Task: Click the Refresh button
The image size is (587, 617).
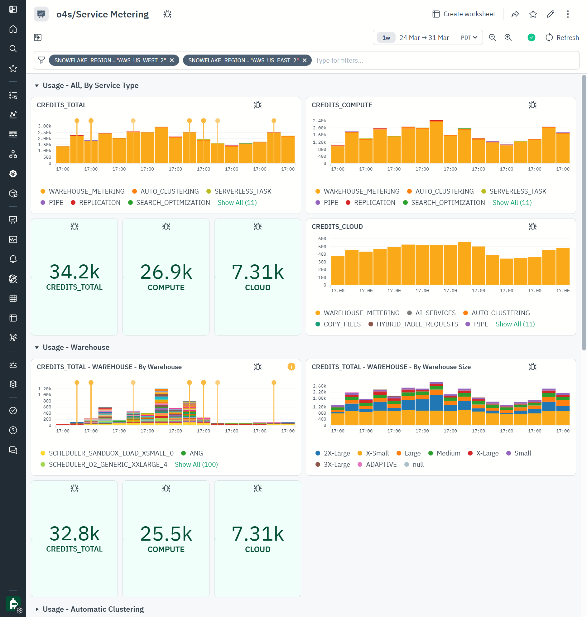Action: tap(562, 37)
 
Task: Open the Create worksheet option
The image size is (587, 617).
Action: tap(464, 14)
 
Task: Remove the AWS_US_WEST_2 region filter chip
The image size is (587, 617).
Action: tap(172, 60)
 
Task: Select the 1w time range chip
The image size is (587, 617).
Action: tap(386, 37)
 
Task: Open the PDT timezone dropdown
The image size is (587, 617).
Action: tap(469, 37)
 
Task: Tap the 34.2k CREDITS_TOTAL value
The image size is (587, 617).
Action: tap(75, 272)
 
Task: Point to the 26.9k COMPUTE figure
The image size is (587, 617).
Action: tap(166, 272)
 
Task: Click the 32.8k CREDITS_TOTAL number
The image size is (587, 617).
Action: tap(75, 533)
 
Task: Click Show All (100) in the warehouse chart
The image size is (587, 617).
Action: tap(196, 464)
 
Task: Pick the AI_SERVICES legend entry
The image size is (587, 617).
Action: tap(435, 313)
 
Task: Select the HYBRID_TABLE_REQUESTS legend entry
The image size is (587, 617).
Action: tap(417, 324)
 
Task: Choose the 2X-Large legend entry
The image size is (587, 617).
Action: tap(336, 453)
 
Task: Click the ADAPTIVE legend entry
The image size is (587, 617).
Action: tap(381, 464)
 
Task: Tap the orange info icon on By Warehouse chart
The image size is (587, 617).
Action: tap(291, 367)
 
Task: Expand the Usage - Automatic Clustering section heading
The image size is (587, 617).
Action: tap(93, 609)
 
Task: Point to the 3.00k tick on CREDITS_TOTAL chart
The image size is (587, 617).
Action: tap(45, 126)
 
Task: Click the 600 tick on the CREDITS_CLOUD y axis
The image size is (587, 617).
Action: tap(322, 239)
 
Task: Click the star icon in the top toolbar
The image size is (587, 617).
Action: tap(533, 14)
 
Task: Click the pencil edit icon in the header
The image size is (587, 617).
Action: tap(551, 14)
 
